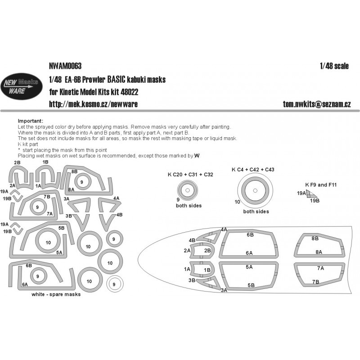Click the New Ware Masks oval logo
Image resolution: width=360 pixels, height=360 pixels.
pyautogui.click(x=21, y=86)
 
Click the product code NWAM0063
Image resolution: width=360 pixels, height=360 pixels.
pyautogui.click(x=65, y=66)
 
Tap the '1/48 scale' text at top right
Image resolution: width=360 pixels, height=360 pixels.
pyautogui.click(x=334, y=66)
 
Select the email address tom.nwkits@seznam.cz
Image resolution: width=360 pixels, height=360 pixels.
pyautogui.click(x=317, y=104)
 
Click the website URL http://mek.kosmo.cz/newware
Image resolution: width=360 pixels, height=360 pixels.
pyautogui.click(x=93, y=104)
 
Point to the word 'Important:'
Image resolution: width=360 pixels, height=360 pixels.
pyautogui.click(x=30, y=121)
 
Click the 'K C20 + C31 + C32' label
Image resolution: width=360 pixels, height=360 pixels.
pyautogui.click(x=190, y=175)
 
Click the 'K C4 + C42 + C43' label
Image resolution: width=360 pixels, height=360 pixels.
pyautogui.click(x=253, y=170)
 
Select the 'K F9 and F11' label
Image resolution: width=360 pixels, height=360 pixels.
pyautogui.click(x=321, y=184)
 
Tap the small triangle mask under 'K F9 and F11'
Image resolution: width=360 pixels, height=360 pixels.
pyautogui.click(x=311, y=194)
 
